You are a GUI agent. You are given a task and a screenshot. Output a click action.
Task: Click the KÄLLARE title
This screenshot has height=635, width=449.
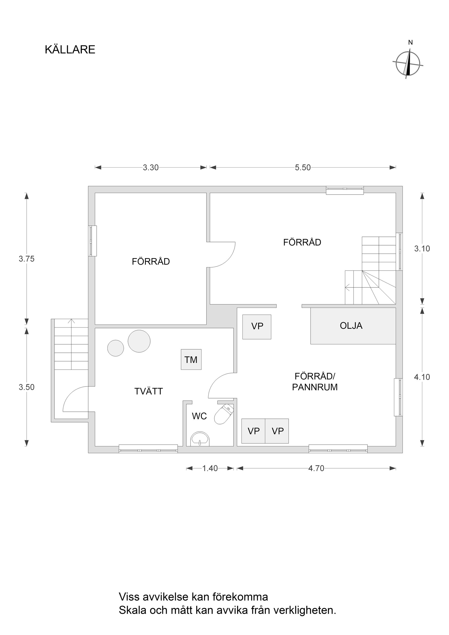tap(70, 50)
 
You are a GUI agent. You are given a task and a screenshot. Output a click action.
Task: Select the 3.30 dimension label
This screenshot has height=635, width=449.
tap(151, 168)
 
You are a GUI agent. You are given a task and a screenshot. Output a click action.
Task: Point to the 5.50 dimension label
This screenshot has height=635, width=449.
tap(303, 168)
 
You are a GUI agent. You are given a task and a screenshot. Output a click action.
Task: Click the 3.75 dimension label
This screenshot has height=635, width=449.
tap(27, 259)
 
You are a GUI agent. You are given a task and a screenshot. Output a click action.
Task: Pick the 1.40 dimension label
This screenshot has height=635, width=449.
tap(210, 468)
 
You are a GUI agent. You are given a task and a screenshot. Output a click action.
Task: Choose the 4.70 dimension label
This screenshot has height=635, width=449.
tap(316, 468)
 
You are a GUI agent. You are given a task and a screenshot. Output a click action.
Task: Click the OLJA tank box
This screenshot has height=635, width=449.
tap(353, 326)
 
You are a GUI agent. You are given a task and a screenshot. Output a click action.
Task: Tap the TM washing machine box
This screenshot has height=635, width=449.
tap(191, 360)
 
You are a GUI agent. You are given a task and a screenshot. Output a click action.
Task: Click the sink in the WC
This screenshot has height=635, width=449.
tap(200, 439)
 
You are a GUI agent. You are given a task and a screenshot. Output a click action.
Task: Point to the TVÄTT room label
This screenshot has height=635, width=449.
tap(148, 391)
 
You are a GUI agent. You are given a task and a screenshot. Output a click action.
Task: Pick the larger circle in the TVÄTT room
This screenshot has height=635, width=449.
tap(139, 341)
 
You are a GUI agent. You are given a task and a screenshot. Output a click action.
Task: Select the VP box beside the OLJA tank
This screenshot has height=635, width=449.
tap(257, 327)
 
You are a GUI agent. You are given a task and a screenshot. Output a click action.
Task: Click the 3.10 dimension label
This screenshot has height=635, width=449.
tap(422, 249)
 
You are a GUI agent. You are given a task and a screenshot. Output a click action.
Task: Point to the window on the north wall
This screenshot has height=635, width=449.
tap(345, 190)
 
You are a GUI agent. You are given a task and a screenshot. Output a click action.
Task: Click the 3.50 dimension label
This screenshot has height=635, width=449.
tap(27, 387)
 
